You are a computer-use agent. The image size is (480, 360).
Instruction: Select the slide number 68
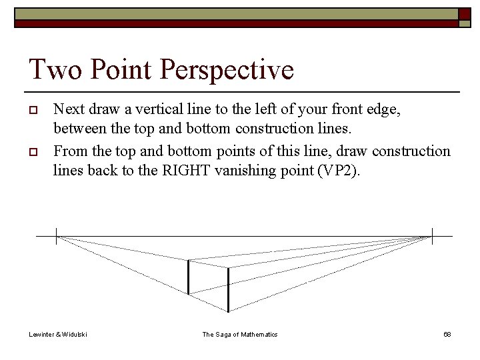(447, 334)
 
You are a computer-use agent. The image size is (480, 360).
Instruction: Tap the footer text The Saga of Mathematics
(240, 334)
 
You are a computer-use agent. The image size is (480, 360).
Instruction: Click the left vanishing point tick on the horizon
(56, 236)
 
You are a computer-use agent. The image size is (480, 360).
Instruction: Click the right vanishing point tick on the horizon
(432, 236)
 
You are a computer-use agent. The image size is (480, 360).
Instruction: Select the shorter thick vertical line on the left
(189, 277)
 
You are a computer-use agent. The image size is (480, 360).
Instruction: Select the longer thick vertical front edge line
(229, 290)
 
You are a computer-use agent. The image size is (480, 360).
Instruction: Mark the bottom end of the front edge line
(229, 311)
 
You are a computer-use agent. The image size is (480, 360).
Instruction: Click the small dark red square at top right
(464, 14)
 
